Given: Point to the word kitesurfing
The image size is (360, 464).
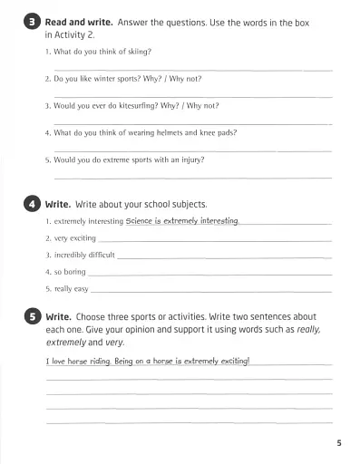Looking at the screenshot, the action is (146, 105).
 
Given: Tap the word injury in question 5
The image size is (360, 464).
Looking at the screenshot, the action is (190, 159).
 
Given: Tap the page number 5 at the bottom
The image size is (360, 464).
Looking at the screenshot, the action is (336, 443).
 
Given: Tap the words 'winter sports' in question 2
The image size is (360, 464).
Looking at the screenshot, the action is (119, 79).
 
